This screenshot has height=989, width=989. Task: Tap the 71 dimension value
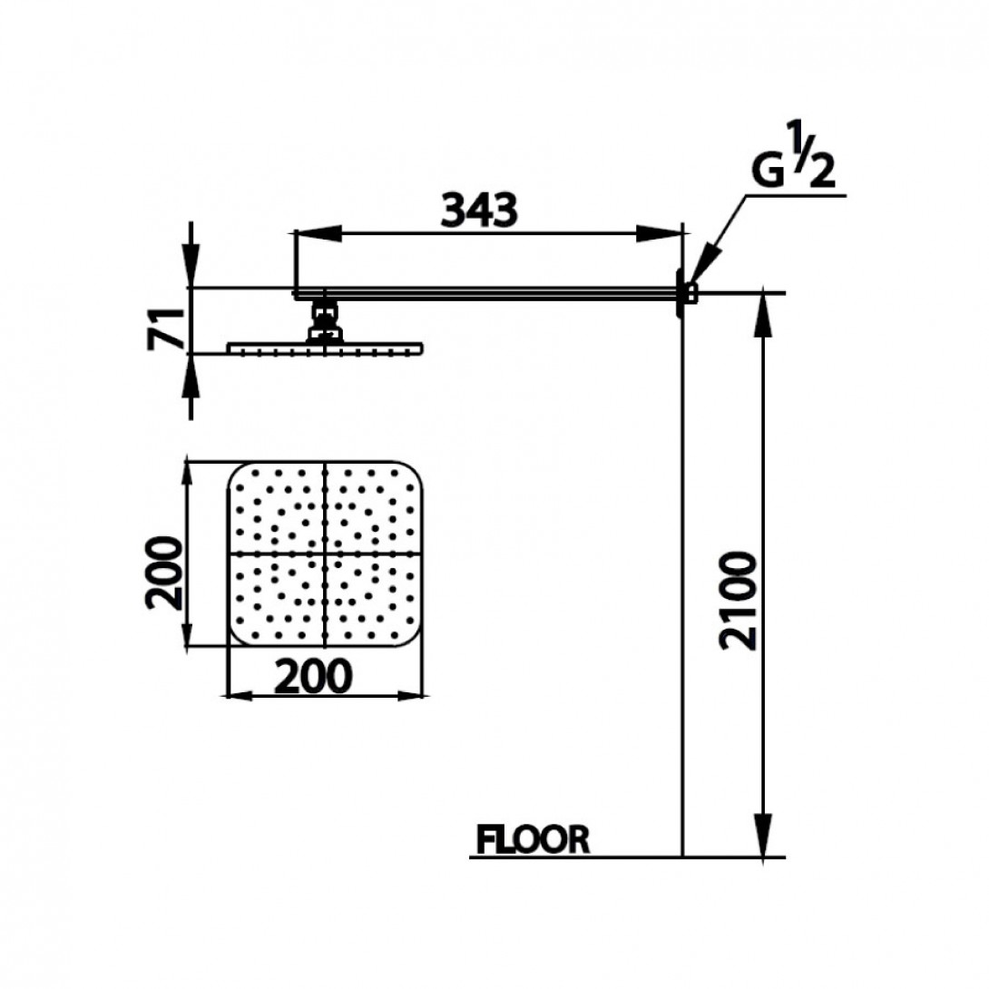(x=166, y=328)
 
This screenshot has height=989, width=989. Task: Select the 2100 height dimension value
(x=737, y=601)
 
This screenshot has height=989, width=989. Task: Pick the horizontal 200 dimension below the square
(x=313, y=676)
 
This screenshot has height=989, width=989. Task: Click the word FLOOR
(x=533, y=839)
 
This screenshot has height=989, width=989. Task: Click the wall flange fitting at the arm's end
(x=686, y=293)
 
